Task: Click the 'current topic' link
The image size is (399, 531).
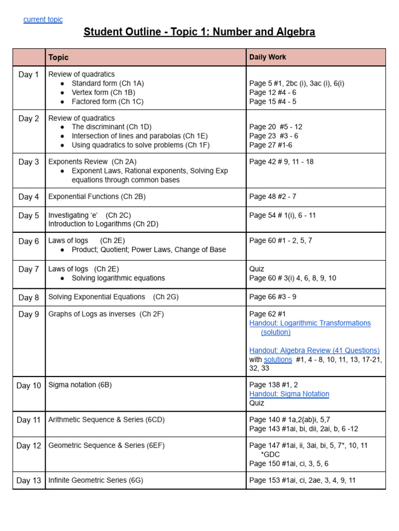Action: [43, 20]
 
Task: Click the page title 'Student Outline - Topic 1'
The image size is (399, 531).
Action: [199, 32]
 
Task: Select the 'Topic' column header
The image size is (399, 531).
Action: [58, 58]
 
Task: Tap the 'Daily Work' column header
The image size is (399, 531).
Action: [268, 57]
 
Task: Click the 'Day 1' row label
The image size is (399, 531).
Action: [29, 75]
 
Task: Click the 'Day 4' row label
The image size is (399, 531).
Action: [29, 197]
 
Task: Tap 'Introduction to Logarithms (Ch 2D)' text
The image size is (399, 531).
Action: [103, 224]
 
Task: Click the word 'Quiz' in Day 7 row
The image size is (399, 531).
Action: [257, 269]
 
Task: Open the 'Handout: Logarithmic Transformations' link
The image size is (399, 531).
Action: [310, 323]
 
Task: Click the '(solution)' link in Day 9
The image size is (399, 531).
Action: [276, 332]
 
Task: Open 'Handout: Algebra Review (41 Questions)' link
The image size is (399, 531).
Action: [314, 351]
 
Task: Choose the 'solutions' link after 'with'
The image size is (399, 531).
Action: [278, 359]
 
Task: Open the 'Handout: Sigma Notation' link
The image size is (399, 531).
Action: [289, 394]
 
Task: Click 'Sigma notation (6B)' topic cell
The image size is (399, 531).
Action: [80, 385]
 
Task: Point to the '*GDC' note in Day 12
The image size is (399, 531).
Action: [270, 454]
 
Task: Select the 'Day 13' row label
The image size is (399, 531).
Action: [29, 481]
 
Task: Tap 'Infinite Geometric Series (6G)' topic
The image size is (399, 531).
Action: [96, 480]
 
